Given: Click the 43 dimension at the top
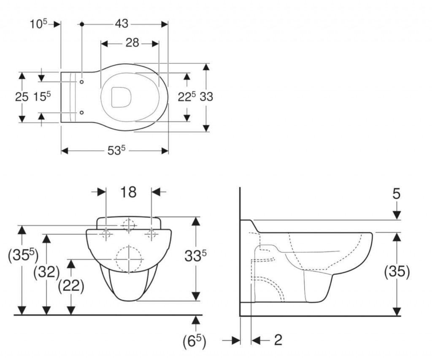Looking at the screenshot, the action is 121,24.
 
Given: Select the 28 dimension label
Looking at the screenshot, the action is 132,43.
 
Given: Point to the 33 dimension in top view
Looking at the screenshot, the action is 206,97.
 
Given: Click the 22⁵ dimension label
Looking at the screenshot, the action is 186,97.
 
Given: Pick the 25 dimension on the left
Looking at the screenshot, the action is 22,97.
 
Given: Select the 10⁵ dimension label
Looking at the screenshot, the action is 38,24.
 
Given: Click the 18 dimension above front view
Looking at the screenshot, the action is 128,192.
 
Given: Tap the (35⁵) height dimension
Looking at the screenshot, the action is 23,256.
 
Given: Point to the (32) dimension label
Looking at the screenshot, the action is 46,272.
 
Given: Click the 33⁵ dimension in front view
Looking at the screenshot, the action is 195,256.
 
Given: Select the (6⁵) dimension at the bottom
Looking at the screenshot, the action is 194,341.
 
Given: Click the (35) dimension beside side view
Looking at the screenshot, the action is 397,272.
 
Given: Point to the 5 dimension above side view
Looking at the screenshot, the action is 397,194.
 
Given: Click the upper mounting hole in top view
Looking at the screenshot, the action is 81,82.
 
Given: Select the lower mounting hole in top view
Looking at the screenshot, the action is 81,112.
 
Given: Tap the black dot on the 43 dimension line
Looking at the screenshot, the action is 81,24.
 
